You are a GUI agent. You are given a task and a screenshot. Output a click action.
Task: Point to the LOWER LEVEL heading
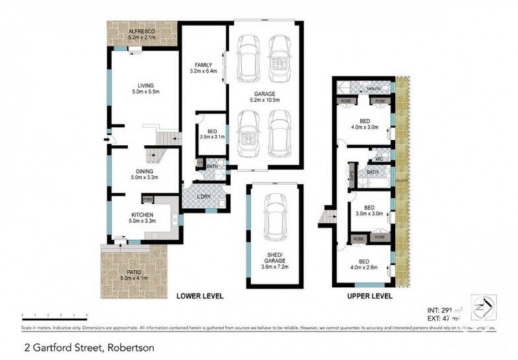200,297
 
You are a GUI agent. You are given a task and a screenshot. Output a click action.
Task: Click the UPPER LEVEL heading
369,297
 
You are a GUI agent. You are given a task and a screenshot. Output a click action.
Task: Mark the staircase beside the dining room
157,155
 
